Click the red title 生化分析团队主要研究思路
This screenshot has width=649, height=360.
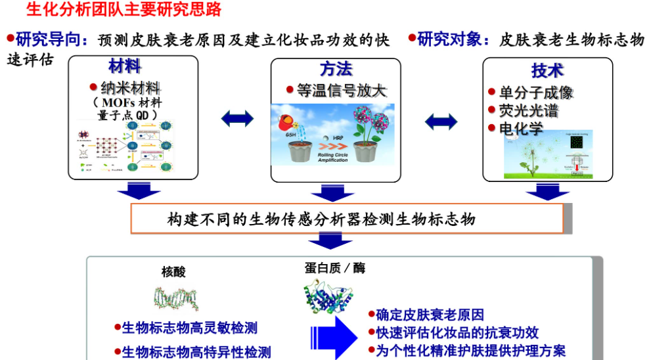pyautogui.click(x=123, y=10)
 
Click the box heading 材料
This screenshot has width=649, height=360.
pyautogui.click(x=125, y=66)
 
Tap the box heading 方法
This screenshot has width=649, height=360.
pyautogui.click(x=336, y=69)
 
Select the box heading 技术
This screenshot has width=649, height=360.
pyautogui.click(x=548, y=70)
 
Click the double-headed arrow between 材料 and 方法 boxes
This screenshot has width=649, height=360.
pyautogui.click(x=236, y=118)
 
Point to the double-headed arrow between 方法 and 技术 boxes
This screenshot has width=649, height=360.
pyautogui.click(x=441, y=121)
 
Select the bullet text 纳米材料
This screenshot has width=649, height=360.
pyautogui.click(x=130, y=87)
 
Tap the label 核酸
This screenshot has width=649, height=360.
pyautogui.click(x=174, y=272)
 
